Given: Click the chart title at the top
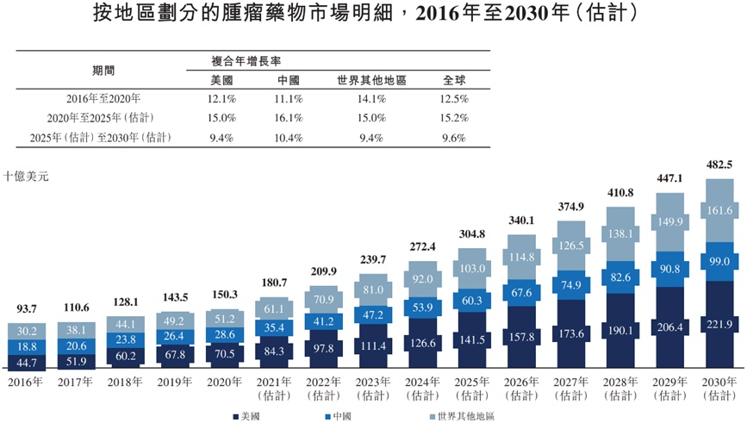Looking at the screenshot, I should click(373, 15).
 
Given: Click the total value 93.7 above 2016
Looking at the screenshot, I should click(26, 309).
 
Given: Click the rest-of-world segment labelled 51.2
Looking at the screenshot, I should click(224, 318).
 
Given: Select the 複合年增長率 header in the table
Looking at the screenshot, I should click(246, 61).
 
